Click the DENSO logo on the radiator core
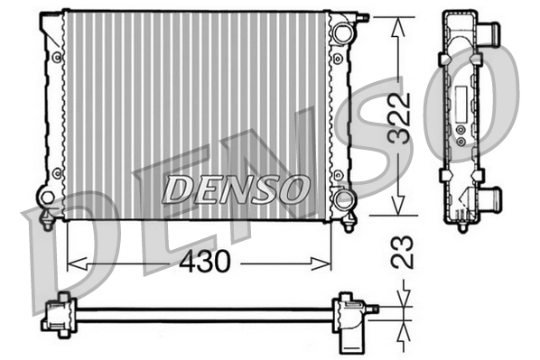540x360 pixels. (x=235, y=189)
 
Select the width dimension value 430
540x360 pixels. (x=204, y=262)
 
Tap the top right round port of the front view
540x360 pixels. (x=340, y=33)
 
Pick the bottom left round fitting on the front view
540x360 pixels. (x=47, y=196)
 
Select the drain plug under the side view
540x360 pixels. (x=461, y=217)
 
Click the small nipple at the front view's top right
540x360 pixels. (x=364, y=16)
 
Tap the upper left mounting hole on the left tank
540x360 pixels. (x=58, y=56)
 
